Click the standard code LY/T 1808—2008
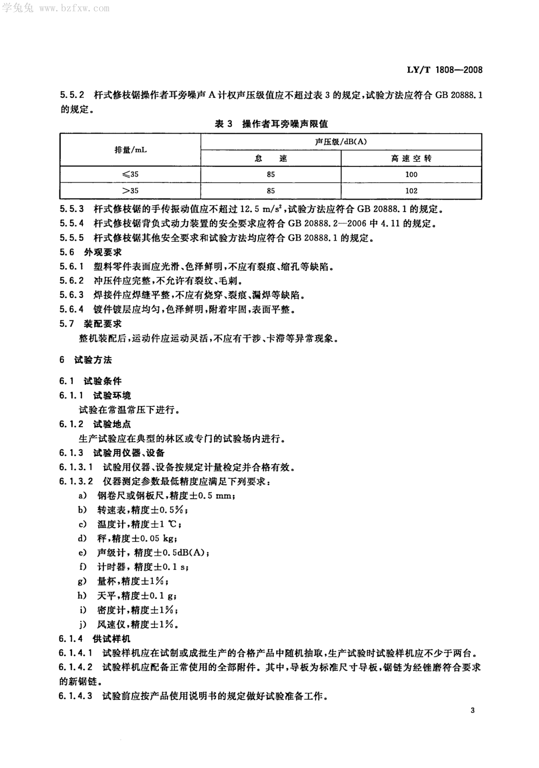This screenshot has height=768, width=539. pyautogui.click(x=444, y=70)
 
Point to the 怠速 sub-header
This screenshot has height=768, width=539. pyautogui.click(x=271, y=158)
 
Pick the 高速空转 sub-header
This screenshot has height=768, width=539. pyautogui.click(x=411, y=158)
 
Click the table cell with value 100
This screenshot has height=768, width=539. pyautogui.click(x=411, y=174)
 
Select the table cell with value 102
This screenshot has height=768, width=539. pyautogui.click(x=411, y=191)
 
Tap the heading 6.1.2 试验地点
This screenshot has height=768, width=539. pyautogui.click(x=95, y=424)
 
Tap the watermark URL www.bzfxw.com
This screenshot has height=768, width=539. pyautogui.click(x=74, y=8)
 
